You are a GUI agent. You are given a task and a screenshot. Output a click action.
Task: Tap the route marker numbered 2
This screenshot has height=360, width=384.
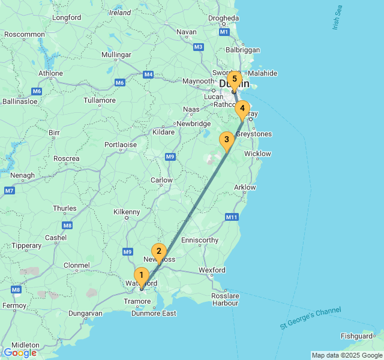[x=158, y=251]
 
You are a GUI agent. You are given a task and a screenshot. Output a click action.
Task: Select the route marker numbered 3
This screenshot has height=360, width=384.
[x=226, y=140]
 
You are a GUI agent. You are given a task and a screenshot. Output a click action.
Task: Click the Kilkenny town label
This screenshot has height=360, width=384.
[x=127, y=212]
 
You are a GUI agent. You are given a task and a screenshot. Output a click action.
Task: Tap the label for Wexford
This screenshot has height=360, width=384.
[x=212, y=270]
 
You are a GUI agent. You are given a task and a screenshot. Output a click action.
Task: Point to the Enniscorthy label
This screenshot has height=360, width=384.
[x=200, y=240]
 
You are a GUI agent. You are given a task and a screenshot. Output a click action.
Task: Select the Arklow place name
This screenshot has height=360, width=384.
[x=245, y=187]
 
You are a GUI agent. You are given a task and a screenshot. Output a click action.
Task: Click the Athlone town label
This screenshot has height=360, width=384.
[x=50, y=74]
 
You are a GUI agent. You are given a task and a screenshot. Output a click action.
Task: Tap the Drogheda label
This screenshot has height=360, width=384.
[x=223, y=18]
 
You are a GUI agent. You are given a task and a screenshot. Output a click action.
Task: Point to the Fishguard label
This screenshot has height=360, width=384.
[x=356, y=337]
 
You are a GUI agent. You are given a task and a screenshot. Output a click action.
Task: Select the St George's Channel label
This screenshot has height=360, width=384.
[x=310, y=318]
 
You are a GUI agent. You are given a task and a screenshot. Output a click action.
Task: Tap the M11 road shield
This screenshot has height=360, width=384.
[x=231, y=217]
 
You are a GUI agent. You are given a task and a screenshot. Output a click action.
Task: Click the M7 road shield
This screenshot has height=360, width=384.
[x=9, y=191]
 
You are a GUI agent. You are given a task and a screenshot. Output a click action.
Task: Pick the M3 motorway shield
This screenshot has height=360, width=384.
[x=199, y=46]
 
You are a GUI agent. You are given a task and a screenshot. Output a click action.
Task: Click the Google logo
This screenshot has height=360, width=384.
[x=20, y=353]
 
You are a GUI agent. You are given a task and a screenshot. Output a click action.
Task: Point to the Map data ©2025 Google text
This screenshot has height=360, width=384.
[x=346, y=355]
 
